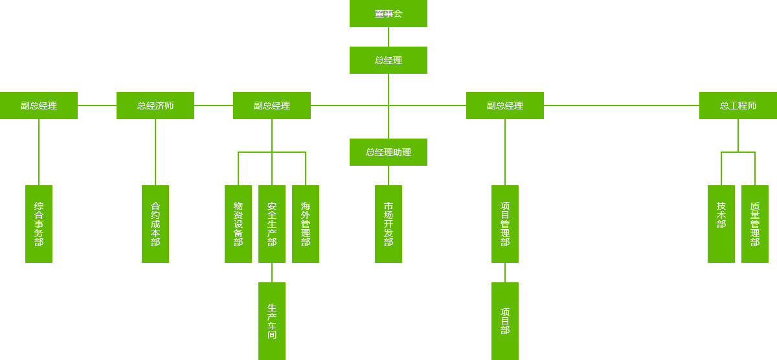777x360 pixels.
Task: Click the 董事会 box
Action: click(x=388, y=14)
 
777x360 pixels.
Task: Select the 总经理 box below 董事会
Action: click(x=388, y=60)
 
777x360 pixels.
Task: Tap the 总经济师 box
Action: click(x=155, y=105)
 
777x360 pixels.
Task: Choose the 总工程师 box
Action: click(x=738, y=105)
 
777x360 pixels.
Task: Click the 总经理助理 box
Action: click(x=388, y=152)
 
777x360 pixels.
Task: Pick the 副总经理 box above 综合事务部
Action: click(x=39, y=105)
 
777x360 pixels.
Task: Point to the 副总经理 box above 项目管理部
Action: click(x=504, y=105)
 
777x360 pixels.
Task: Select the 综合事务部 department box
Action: click(x=38, y=223)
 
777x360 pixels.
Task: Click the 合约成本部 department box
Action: click(x=155, y=223)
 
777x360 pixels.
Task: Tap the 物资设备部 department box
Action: click(x=238, y=223)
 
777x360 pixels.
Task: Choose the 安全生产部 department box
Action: click(x=271, y=223)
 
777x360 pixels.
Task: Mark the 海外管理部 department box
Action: click(x=305, y=223)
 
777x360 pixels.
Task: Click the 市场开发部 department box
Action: click(x=388, y=223)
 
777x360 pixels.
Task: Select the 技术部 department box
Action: click(x=721, y=223)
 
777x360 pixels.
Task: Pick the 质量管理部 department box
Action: click(x=754, y=223)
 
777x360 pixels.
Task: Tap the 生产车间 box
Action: click(x=271, y=321)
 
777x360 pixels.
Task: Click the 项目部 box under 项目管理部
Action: click(x=504, y=321)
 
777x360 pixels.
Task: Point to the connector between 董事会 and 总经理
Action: click(x=388, y=36)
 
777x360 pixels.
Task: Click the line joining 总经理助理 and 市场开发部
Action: click(x=388, y=175)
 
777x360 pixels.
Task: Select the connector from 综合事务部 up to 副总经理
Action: click(x=38, y=152)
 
